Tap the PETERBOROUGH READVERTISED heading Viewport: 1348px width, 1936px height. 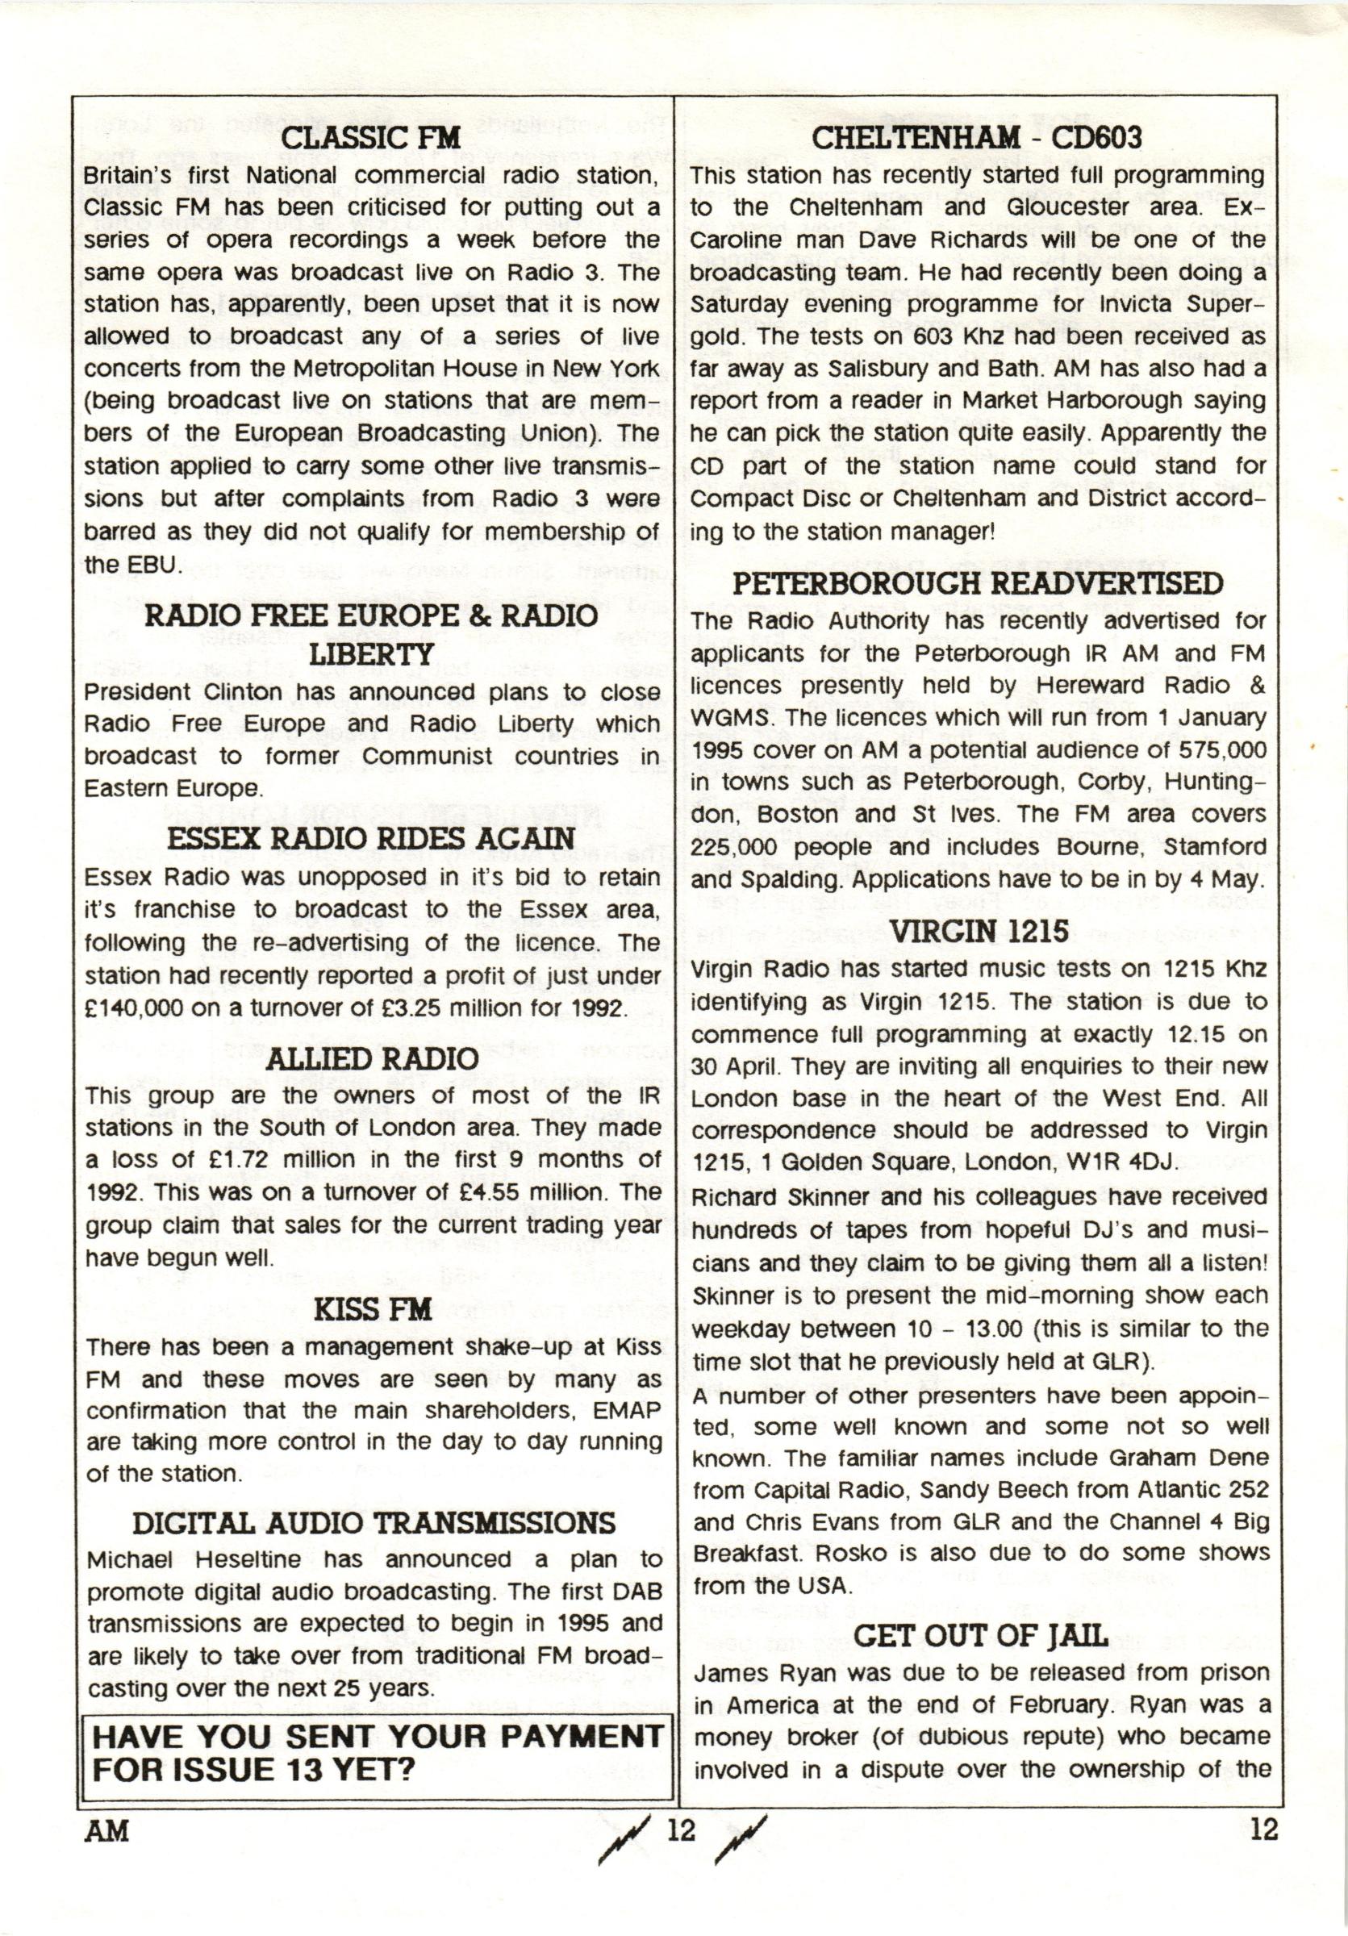tap(977, 583)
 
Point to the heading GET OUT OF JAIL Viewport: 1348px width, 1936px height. tap(980, 1636)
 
